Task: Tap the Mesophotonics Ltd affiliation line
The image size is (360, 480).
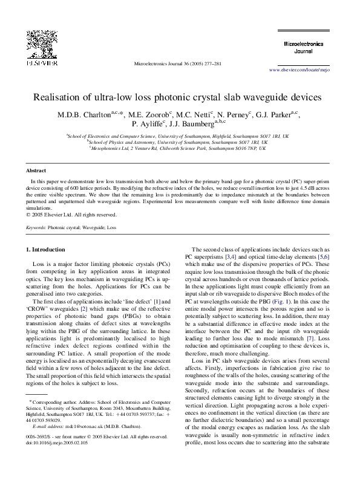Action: [x=180, y=148]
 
